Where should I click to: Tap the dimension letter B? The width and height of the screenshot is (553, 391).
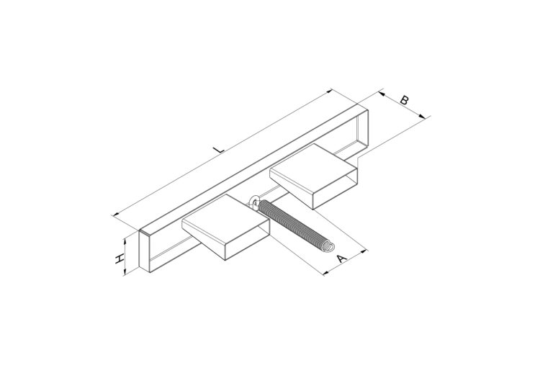405,100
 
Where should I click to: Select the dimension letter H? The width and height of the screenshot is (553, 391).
120,259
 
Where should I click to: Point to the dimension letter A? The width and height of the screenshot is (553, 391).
341,258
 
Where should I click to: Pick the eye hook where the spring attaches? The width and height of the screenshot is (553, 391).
254,202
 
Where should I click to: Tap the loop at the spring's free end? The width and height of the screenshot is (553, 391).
328,246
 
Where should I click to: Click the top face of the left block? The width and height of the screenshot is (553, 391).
225,219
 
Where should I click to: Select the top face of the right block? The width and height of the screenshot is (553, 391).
313,168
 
